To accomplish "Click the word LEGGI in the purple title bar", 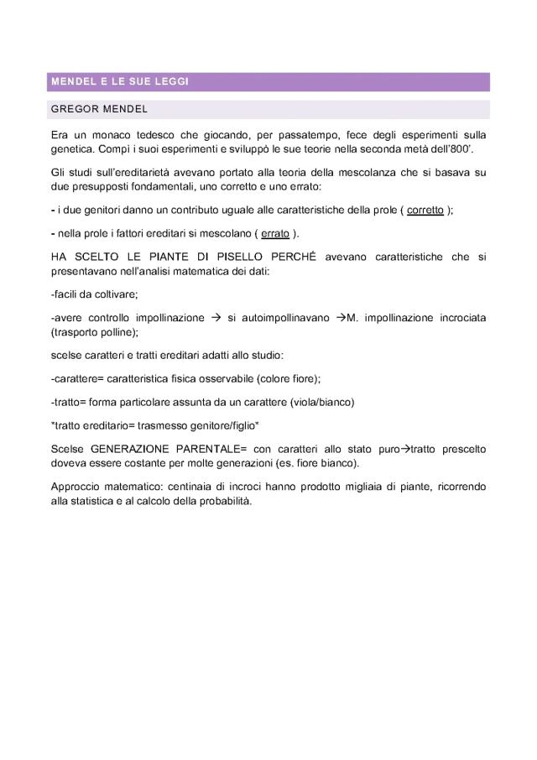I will coord(172,81).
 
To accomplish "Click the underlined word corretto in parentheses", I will coord(425,210).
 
